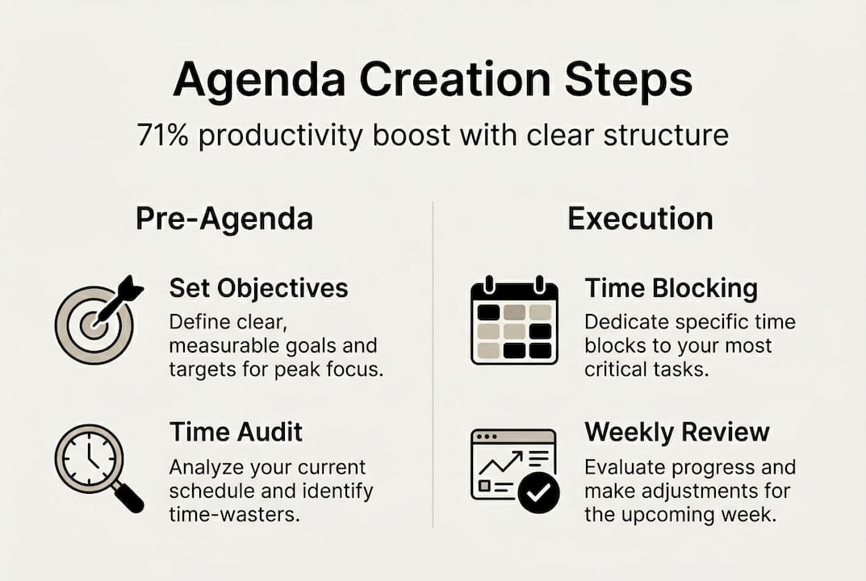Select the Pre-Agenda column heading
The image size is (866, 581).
coord(224,219)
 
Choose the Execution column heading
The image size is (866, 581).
coord(640,219)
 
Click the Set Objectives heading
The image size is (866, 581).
coord(258,288)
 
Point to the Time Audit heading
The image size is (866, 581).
coord(236,432)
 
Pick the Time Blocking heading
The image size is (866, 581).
coord(671,288)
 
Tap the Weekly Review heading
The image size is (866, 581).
coord(677,432)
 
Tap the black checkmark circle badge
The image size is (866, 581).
coord(538,493)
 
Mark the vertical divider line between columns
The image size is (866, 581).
coord(433,363)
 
